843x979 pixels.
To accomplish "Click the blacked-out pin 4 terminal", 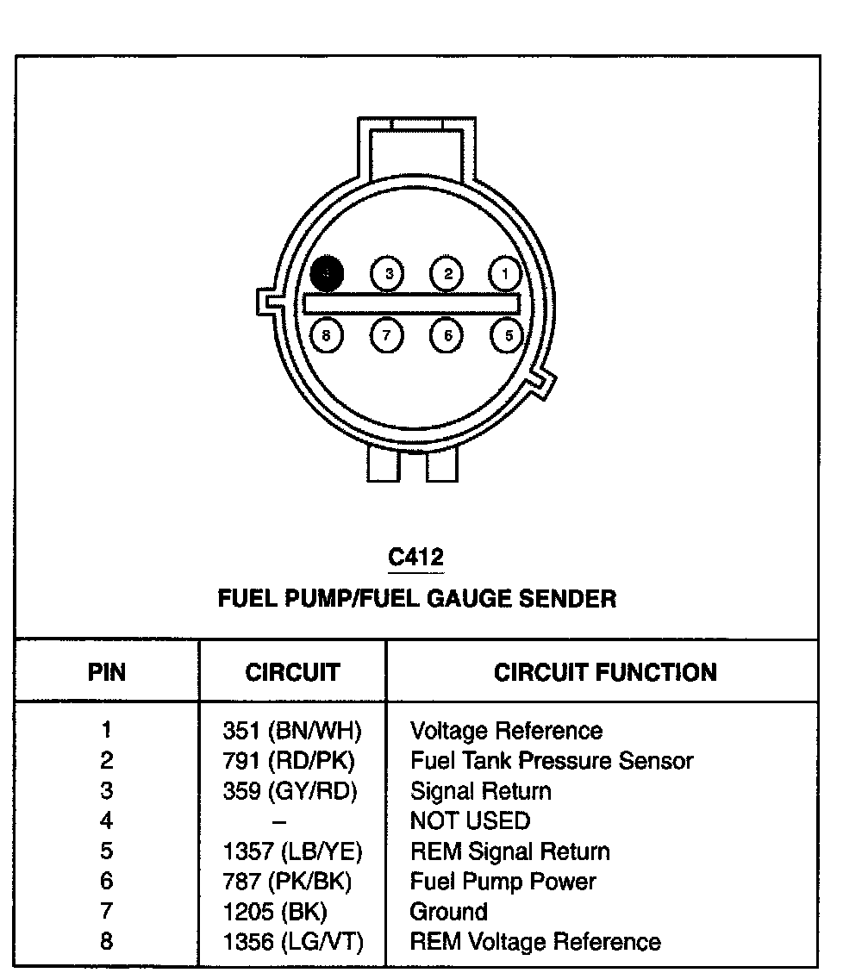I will pos(328,274).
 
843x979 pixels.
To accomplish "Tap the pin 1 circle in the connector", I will pos(504,275).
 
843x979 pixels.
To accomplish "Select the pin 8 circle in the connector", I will pos(326,334).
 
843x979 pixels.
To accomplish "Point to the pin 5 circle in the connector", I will pos(508,334).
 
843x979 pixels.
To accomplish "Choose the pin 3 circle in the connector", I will pos(388,275).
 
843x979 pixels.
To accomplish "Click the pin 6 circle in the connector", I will pos(446,334).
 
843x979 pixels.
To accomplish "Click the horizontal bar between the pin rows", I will pos(412,303).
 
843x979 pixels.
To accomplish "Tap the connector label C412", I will pos(416,557).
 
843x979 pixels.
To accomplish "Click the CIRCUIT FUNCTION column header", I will pos(605,672).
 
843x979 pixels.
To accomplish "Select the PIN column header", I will pos(107,672).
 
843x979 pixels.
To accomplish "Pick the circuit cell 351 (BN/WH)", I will pos(292,732).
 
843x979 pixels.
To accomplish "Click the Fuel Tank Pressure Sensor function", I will pos(552,761).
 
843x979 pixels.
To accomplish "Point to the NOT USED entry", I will pos(470,820).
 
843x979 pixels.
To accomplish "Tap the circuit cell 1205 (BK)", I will pos(275,912).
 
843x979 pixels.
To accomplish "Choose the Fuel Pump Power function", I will pos(503,882).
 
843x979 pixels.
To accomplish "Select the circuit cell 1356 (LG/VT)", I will pos(293,942).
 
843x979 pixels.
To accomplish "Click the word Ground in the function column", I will pos(448,912).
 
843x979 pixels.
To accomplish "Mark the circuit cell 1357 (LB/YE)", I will pos(293,851).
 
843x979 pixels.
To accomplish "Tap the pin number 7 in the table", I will pos(106,912).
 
